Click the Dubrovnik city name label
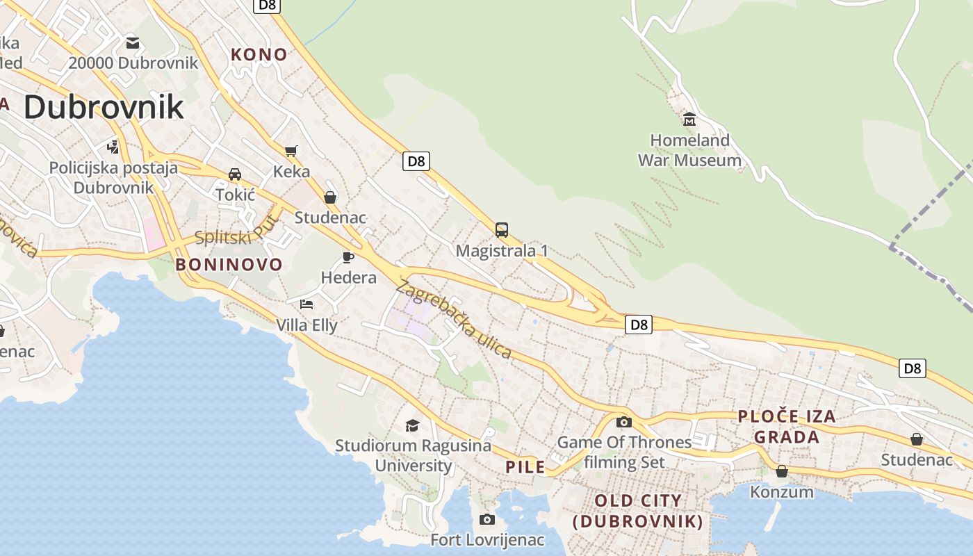click(104, 107)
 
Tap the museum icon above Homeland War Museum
click(689, 120)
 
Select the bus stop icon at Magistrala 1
click(502, 230)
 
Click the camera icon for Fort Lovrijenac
click(487, 519)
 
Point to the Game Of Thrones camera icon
click(624, 422)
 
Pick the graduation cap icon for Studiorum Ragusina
click(413, 425)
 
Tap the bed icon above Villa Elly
click(306, 304)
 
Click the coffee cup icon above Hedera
click(348, 258)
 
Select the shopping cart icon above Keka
click(291, 151)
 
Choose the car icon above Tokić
click(235, 174)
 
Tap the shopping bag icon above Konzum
click(782, 471)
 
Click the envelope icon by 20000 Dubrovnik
click(133, 43)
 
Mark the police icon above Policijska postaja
click(113, 147)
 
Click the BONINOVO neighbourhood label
click(229, 264)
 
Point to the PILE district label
click(525, 467)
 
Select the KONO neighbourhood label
click(259, 54)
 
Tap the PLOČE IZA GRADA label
click(787, 427)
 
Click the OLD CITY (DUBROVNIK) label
click(638, 511)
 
